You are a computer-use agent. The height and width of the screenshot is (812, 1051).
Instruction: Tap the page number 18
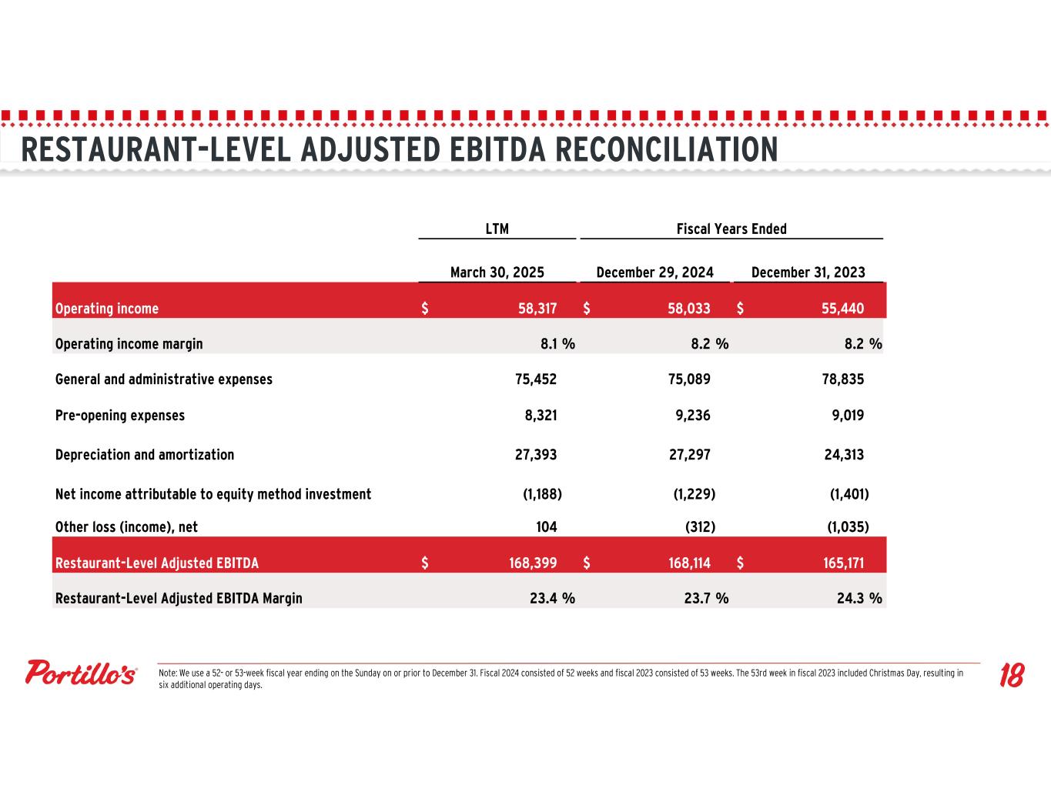pos(1011,676)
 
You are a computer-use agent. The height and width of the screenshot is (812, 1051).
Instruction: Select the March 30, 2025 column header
pos(497,272)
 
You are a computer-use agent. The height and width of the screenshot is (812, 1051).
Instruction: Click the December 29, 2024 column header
pos(654,272)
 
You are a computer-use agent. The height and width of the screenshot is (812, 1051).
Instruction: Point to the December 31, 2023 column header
pos(808,272)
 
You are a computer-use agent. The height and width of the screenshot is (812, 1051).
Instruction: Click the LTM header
pos(497,229)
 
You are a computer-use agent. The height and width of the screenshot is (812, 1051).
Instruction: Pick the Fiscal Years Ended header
pos(731,229)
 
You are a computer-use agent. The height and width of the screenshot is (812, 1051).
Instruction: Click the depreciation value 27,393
pos(535,455)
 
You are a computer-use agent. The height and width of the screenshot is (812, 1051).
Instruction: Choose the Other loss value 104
pos(546,527)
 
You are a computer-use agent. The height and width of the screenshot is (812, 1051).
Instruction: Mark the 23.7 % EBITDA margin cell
pos(706,598)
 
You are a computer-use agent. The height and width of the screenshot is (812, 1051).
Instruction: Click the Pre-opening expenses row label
pos(120,416)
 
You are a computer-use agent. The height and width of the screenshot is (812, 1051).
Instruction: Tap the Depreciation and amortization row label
pos(145,455)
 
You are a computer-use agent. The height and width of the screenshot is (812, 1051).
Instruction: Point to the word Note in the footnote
pos(166,673)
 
